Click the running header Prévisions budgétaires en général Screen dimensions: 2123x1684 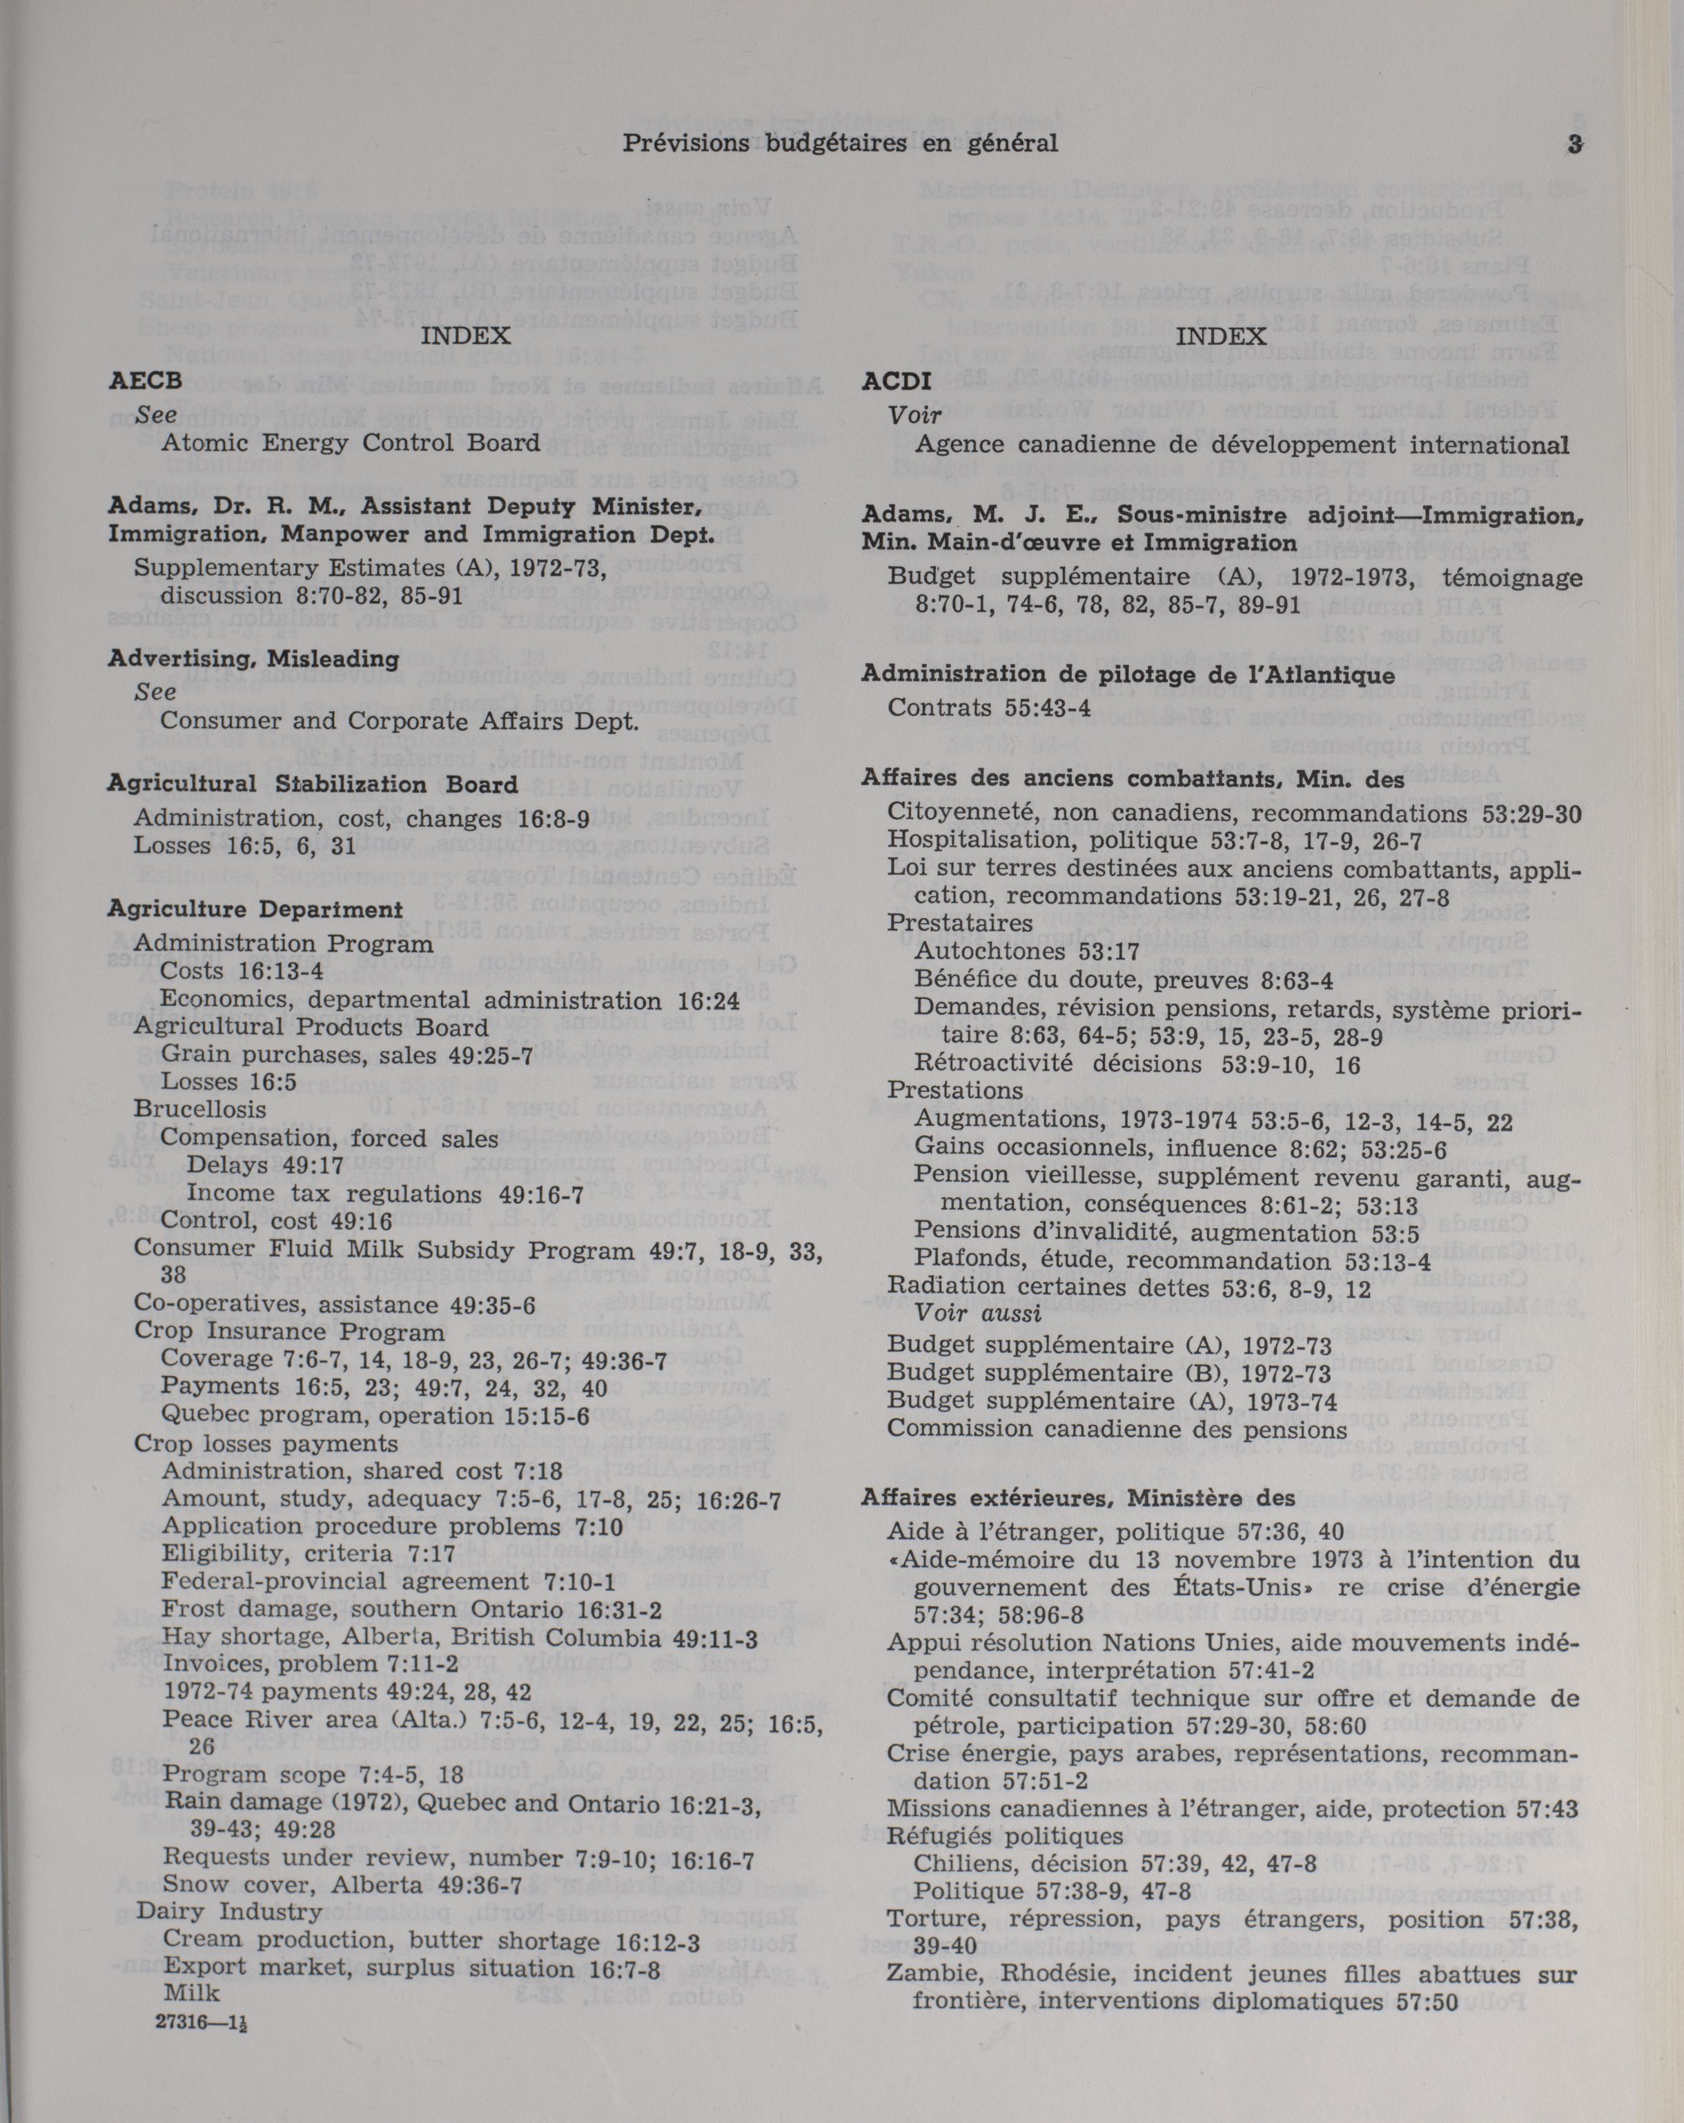tap(840, 144)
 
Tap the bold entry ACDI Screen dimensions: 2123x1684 tap(896, 382)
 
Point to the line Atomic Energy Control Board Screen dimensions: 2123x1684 tap(350, 443)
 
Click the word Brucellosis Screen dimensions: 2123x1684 tap(200, 1109)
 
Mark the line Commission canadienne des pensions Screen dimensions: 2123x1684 tap(1117, 1429)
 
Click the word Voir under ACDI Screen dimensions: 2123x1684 tap(915, 415)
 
